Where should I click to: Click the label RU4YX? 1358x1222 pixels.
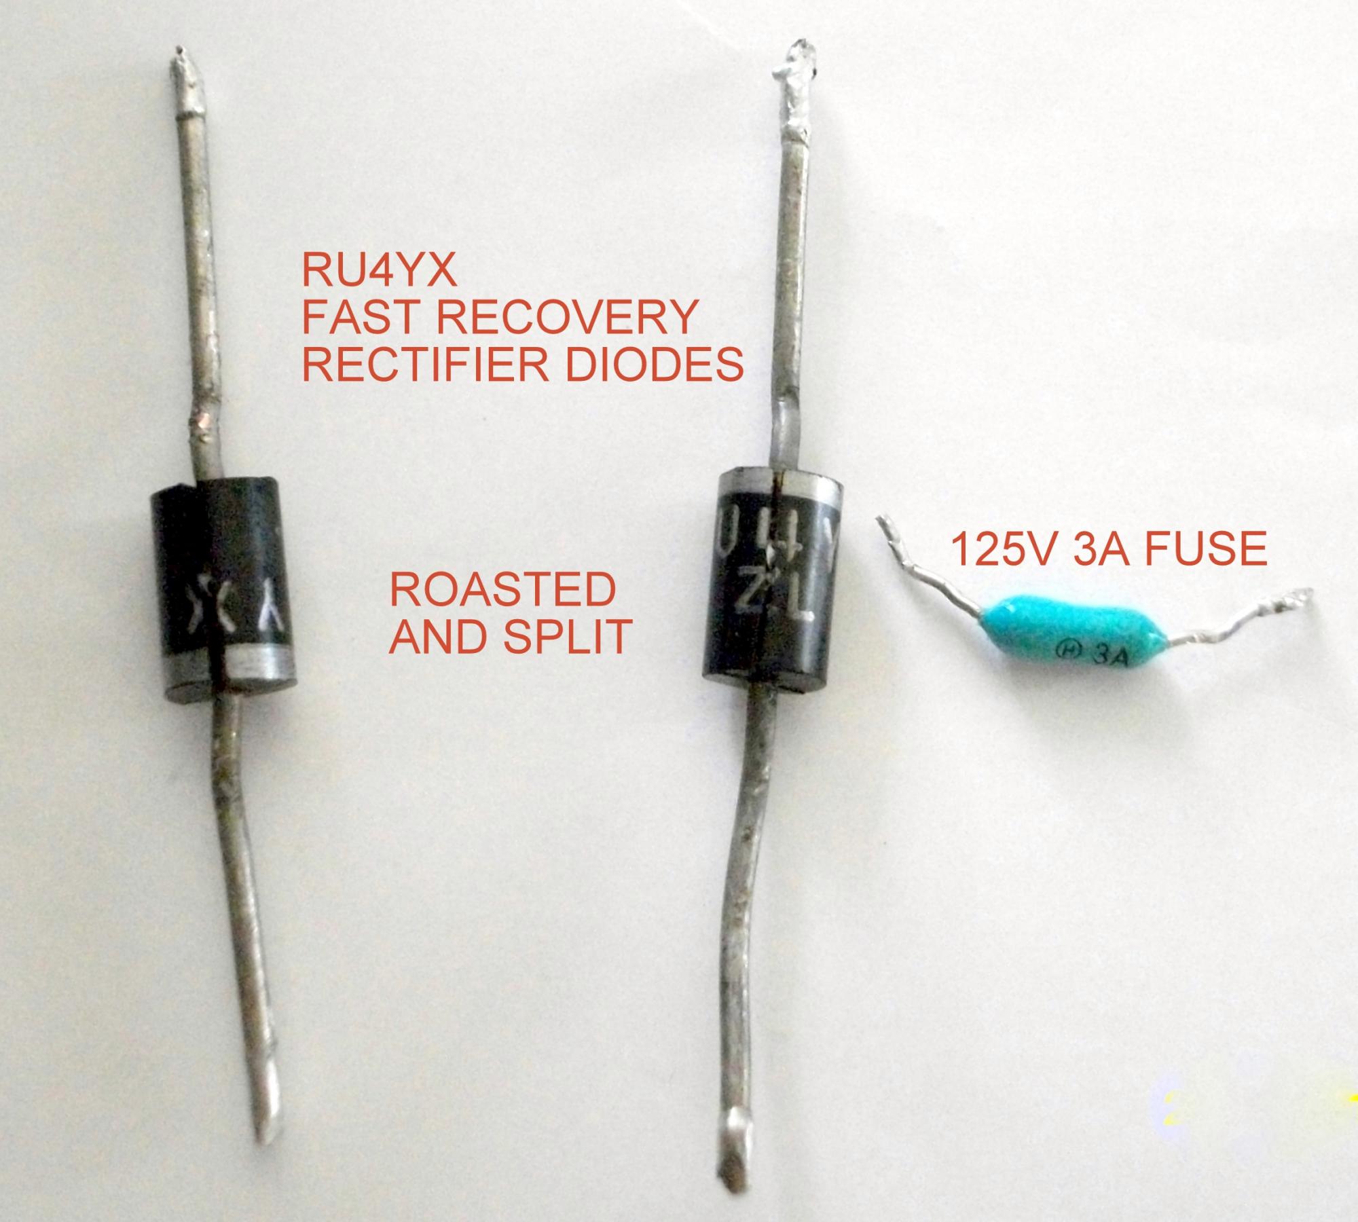(378, 271)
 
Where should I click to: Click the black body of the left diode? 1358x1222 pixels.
(224, 557)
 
